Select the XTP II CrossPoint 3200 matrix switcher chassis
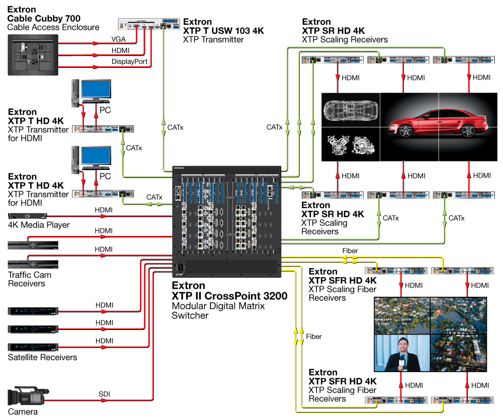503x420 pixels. (226, 221)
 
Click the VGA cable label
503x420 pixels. (119, 39)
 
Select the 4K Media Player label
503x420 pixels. (39, 225)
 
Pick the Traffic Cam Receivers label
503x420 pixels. (29, 279)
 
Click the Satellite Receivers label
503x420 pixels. (43, 357)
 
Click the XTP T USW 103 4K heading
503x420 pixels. (223, 31)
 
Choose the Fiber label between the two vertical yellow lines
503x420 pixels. (313, 337)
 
